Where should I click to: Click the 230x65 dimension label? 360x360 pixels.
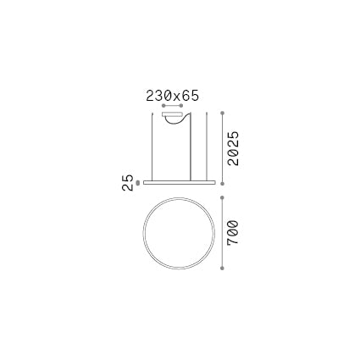[171, 96]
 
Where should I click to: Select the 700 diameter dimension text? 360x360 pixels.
[230, 233]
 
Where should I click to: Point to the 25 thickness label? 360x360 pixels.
[128, 183]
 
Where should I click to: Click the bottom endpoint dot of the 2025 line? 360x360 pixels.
[222, 181]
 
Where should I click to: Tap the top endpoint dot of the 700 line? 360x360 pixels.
[222, 192]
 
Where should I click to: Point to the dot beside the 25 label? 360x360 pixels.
[137, 180]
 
